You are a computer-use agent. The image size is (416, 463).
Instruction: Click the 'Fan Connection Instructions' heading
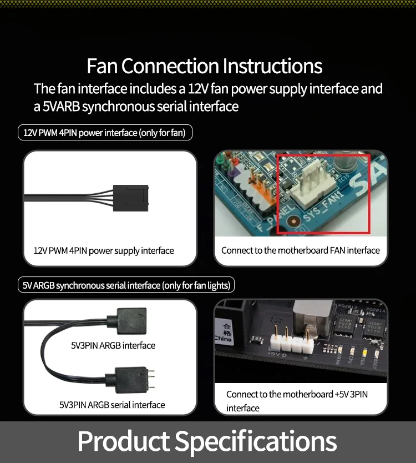[x=205, y=66]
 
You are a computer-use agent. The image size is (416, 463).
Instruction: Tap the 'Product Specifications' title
[x=207, y=441]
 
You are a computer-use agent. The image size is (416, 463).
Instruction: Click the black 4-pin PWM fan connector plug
[x=130, y=198]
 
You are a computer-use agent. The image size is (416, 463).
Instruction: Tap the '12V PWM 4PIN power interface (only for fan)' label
[x=105, y=133]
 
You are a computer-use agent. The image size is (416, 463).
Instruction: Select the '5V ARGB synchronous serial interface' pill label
[x=126, y=285]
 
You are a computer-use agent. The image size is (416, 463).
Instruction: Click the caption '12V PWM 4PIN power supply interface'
[x=104, y=251]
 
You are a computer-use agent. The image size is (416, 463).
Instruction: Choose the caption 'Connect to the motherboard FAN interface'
[x=300, y=250]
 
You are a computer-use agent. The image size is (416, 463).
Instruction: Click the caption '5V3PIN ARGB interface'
[x=113, y=345]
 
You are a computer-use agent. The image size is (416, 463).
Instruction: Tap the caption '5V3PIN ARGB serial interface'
[x=112, y=405]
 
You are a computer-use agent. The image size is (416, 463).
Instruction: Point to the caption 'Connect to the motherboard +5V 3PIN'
[x=297, y=395]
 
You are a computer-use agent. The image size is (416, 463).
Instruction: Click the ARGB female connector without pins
[x=130, y=321]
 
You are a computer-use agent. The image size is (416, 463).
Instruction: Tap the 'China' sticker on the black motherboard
[x=224, y=331]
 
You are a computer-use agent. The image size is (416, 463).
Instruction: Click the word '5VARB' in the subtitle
[x=61, y=106]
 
